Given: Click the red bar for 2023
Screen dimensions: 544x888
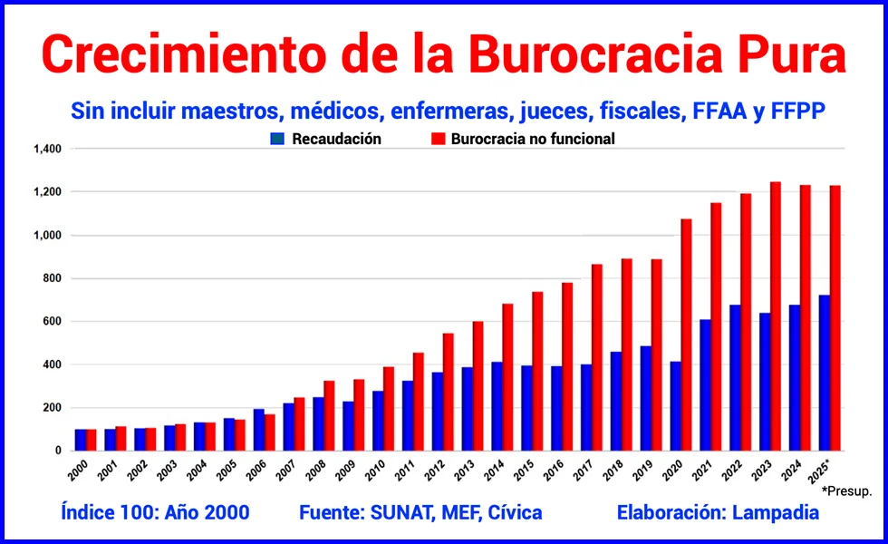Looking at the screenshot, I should (776, 316).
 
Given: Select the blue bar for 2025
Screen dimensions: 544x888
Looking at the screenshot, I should (824, 373).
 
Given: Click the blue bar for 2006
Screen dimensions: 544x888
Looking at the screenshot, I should (258, 430).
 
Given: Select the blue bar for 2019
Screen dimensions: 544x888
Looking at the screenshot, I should (645, 398).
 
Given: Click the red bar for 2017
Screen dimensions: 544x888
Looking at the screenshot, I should (596, 357).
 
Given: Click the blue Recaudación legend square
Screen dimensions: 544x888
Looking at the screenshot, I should (278, 140).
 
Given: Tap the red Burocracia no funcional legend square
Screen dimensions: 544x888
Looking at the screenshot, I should (438, 140).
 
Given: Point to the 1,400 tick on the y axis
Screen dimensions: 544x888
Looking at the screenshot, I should (47, 149).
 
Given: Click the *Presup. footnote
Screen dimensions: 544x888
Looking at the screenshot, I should (846, 491).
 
